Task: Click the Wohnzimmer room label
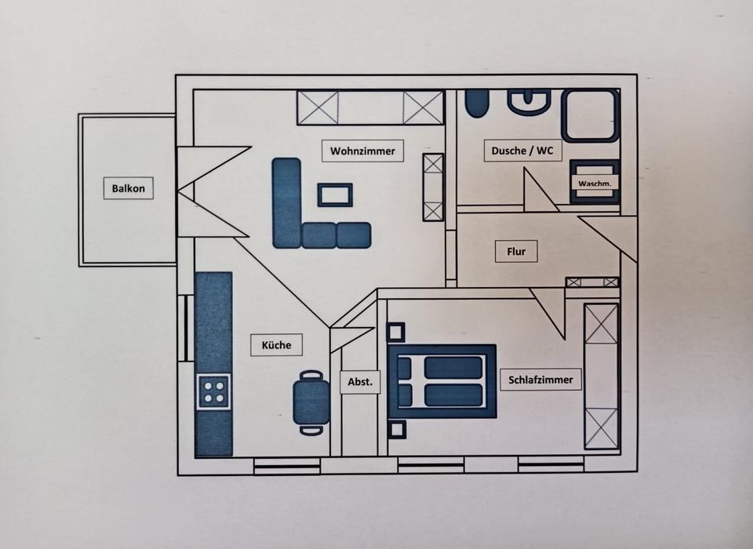(x=362, y=151)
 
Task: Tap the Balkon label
(x=128, y=187)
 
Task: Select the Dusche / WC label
(x=522, y=151)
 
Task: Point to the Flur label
(x=516, y=251)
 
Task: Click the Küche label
(x=276, y=345)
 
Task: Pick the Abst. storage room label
(x=360, y=382)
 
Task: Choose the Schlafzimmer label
(x=540, y=380)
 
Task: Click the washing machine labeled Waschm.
(x=595, y=181)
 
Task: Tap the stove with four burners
(x=213, y=391)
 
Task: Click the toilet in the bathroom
(x=477, y=103)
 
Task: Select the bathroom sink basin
(x=529, y=102)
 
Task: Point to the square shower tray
(x=590, y=115)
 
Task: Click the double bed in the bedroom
(x=442, y=381)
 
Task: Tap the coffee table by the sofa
(x=335, y=195)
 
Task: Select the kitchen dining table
(x=311, y=402)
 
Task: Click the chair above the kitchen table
(x=311, y=375)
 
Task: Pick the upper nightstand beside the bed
(x=396, y=333)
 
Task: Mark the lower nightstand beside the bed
(x=397, y=430)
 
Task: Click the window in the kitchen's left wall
(x=185, y=328)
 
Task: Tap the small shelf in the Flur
(x=592, y=282)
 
